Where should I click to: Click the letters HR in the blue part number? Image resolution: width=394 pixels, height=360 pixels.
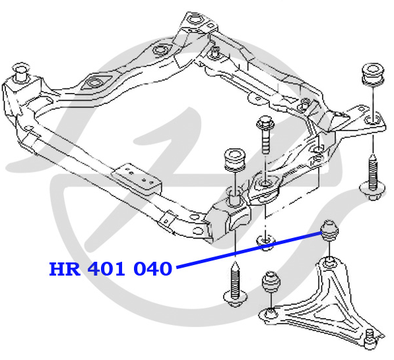click(65, 269)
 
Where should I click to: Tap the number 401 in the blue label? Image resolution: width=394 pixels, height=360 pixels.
click(106, 269)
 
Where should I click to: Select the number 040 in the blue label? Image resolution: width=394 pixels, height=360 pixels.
click(152, 269)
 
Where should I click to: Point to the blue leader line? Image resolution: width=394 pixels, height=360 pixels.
click(249, 250)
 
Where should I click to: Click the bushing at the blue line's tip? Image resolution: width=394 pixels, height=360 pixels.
click(329, 231)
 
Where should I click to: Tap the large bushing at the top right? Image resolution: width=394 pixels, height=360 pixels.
click(373, 73)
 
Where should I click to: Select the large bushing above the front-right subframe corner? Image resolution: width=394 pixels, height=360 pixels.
click(234, 160)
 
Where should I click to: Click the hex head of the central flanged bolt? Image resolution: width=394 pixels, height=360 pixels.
click(265, 123)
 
